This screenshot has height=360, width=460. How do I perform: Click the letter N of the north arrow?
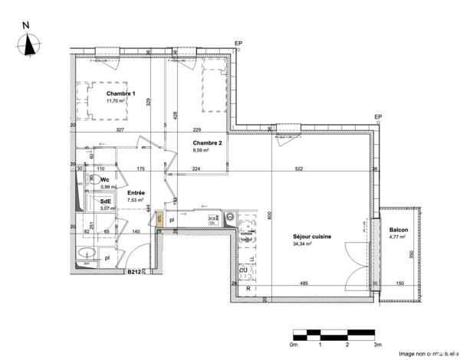(28, 24)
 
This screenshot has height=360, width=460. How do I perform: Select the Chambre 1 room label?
(120, 93)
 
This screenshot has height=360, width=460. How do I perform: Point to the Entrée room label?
(136, 193)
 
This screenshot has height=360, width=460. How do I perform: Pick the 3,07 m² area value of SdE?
(106, 208)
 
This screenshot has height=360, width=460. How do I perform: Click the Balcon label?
(399, 230)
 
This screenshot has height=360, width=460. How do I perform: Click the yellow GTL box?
(159, 218)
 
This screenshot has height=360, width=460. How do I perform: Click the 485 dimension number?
(303, 284)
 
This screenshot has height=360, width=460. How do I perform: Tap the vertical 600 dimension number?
(270, 217)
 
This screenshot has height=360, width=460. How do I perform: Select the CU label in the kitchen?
(243, 270)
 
